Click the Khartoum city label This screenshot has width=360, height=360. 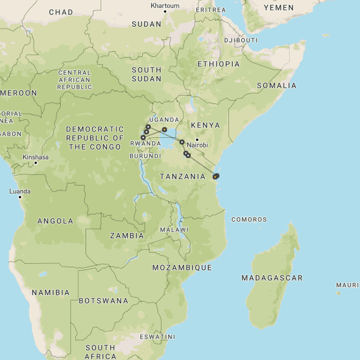point(165,6)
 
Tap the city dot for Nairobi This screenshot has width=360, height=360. point(197,139)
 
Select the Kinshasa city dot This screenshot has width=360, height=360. point(35,163)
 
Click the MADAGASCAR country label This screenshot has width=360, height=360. point(272,278)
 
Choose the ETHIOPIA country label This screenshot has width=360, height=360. point(218,64)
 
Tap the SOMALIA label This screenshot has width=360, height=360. point(276,85)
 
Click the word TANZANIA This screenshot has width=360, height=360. point(182,177)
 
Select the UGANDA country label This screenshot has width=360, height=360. point(164,120)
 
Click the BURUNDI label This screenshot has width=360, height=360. point(141,156)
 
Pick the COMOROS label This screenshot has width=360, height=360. point(249,219)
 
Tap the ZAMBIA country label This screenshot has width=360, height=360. point(127,236)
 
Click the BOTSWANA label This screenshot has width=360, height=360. point(103,301)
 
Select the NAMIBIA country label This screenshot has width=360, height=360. point(51,292)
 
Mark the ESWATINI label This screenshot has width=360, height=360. point(157,337)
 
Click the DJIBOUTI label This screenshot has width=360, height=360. point(241,40)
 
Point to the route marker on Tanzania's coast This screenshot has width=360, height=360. point(216,176)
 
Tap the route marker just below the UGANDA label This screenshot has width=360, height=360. point(164,130)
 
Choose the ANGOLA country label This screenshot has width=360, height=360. point(55,221)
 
